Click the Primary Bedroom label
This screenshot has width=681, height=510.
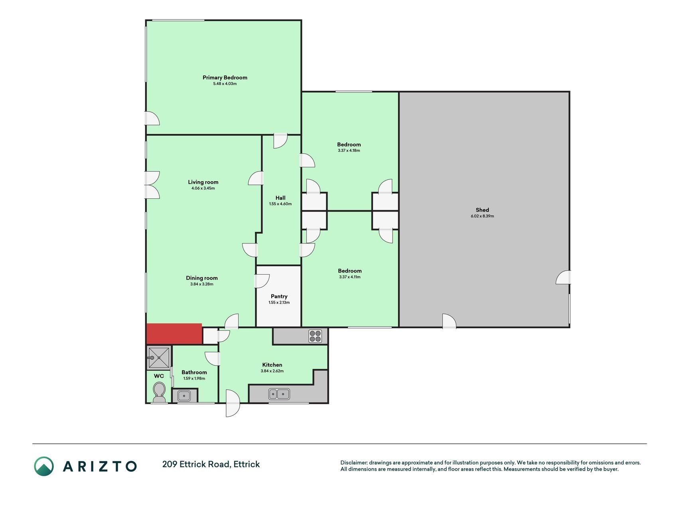[x=225, y=78]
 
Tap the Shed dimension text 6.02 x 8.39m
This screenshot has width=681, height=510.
[x=482, y=216]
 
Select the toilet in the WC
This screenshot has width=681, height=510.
[x=159, y=392]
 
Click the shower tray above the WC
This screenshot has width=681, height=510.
[x=159, y=357]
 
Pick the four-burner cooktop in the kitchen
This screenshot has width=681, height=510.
[x=315, y=336]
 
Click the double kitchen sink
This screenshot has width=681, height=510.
[x=279, y=394]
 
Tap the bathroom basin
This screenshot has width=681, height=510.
[x=184, y=396]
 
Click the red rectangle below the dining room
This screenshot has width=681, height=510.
[x=174, y=334]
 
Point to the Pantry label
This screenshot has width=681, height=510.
[x=279, y=296]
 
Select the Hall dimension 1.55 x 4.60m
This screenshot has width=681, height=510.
[x=280, y=204]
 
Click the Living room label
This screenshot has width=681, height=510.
[x=203, y=182]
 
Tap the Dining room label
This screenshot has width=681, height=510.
[x=202, y=278]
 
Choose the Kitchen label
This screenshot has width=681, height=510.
[x=272, y=365]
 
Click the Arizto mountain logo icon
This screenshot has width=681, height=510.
[x=43, y=466]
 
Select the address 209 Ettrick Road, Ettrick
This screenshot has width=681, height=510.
[x=211, y=464]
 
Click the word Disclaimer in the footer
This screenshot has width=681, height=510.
[x=353, y=463]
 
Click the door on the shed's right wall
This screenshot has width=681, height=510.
[x=563, y=277]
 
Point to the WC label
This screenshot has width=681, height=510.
[x=159, y=376]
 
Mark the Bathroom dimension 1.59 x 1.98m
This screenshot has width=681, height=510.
[x=194, y=379]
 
